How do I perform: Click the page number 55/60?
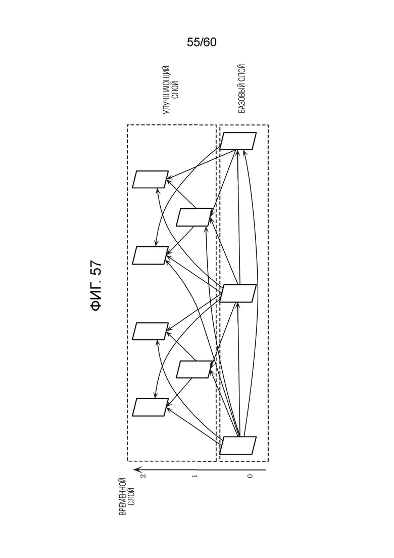coord(202,42)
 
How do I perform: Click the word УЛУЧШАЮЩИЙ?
coord(166,90)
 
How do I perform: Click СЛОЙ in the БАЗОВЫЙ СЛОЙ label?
coord(241,73)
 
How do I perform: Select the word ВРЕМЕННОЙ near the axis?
coord(123,496)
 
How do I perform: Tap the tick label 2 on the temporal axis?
coord(143,476)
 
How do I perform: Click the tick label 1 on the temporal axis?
coord(194,476)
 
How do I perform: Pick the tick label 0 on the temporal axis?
coord(250,476)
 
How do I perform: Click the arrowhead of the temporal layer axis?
coord(137,470)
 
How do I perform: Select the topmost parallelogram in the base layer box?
coord(238,141)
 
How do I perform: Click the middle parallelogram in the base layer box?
coord(238,293)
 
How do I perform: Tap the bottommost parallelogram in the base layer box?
coord(238,445)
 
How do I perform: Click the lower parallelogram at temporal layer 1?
coord(194,369)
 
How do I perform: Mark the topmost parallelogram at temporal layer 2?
coord(151,180)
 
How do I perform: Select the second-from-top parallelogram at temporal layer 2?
coord(151,255)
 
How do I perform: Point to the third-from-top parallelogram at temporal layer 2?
coord(151,331)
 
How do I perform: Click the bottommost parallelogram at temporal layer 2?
coord(151,407)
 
